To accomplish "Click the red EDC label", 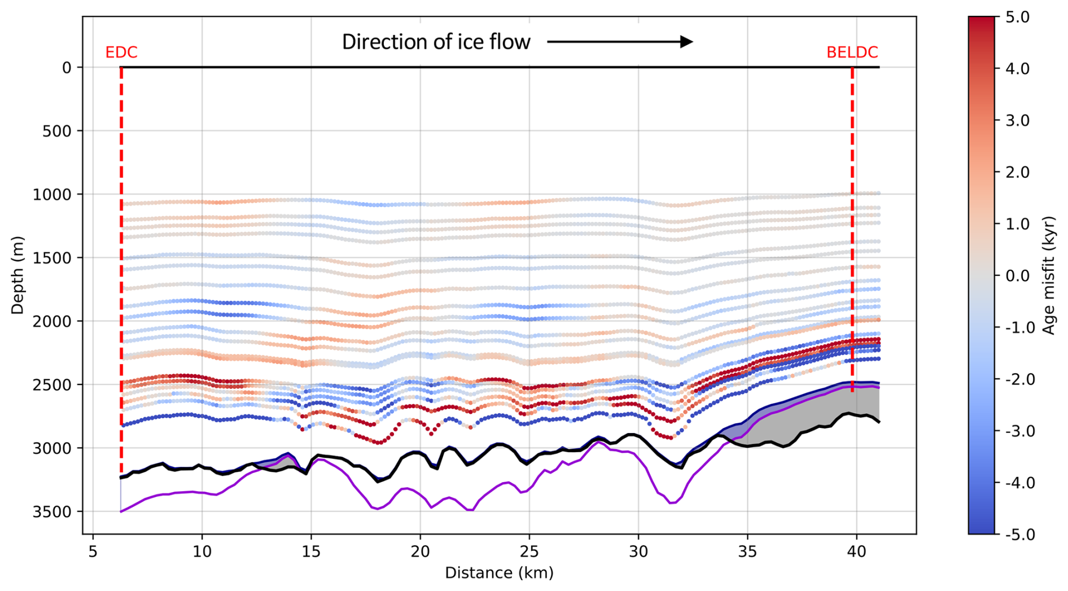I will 121,52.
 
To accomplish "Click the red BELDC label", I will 852,52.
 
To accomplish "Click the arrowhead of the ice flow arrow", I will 686,41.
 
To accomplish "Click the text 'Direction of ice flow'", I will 436,42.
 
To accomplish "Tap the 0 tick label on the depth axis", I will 67,68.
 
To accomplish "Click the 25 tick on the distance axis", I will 529,551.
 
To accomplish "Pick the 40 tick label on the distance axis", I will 856,551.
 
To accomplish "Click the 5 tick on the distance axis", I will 93,551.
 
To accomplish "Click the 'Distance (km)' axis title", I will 499,573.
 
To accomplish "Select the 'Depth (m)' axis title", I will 17,275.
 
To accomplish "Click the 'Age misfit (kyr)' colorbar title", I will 1049,275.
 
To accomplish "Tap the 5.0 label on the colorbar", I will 1018,17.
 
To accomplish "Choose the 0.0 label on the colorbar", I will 1018,276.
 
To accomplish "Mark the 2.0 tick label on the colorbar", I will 1018,173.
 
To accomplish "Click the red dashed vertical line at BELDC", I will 852,226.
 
